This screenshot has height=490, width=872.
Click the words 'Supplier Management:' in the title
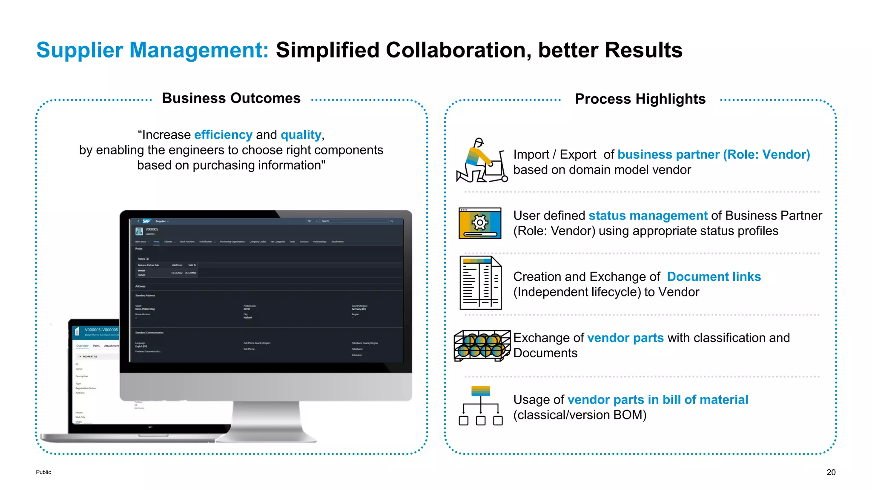pyautogui.click(x=152, y=50)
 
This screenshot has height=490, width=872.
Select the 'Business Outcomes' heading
pyautogui.click(x=231, y=98)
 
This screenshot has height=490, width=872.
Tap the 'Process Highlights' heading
pyautogui.click(x=640, y=99)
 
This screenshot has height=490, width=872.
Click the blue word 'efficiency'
pyautogui.click(x=223, y=135)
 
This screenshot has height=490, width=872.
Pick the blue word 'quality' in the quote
pyautogui.click(x=301, y=135)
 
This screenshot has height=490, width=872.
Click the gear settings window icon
pyautogui.click(x=480, y=223)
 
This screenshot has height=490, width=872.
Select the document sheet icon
pyautogui.click(x=481, y=283)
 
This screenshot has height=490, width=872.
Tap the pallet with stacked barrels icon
pyautogui.click(x=482, y=345)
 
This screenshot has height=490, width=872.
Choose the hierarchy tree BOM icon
pyautogui.click(x=481, y=406)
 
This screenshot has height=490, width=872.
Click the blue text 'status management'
pyautogui.click(x=648, y=216)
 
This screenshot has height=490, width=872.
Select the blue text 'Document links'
pyautogui.click(x=714, y=277)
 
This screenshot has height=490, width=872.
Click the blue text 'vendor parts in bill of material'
pyautogui.click(x=657, y=400)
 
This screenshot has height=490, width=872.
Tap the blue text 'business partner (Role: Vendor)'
pyautogui.click(x=714, y=154)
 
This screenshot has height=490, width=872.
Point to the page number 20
pyautogui.click(x=831, y=472)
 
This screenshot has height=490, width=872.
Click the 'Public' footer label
pyautogui.click(x=43, y=472)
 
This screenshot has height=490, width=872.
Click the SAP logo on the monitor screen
pyautogui.click(x=146, y=221)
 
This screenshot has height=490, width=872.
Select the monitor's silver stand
pyautogui.click(x=266, y=421)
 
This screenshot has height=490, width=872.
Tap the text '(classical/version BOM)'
pyautogui.click(x=579, y=415)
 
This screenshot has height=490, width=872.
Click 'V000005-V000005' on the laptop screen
pyautogui.click(x=101, y=330)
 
